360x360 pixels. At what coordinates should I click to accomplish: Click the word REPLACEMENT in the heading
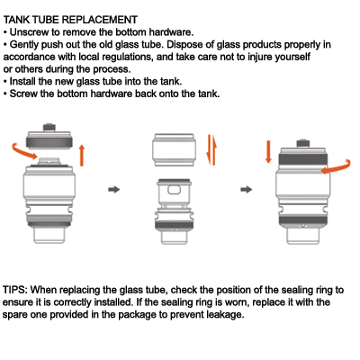pyautogui.click(x=100, y=20)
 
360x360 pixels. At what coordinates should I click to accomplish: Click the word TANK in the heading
pyautogui.click(x=16, y=20)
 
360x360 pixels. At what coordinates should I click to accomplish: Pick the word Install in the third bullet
pyautogui.click(x=22, y=81)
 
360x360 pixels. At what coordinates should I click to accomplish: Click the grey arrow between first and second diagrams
pyautogui.click(x=114, y=189)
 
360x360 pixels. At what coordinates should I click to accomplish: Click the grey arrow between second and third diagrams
pyautogui.click(x=247, y=189)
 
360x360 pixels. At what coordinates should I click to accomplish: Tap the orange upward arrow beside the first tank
pyautogui.click(x=82, y=155)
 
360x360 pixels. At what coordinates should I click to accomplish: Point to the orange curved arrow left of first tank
pyautogui.click(x=23, y=150)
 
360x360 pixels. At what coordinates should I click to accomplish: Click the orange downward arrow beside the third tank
pyautogui.click(x=268, y=152)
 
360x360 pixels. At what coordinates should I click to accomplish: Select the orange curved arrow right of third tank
pyautogui.click(x=337, y=168)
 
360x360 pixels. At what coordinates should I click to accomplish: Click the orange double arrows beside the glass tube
pyautogui.click(x=211, y=149)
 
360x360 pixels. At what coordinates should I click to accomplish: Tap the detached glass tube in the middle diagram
pyautogui.click(x=174, y=150)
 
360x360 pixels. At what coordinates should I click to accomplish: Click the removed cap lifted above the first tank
pyautogui.click(x=49, y=137)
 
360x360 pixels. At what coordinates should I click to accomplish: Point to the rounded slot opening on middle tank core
pyautogui.click(x=174, y=190)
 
